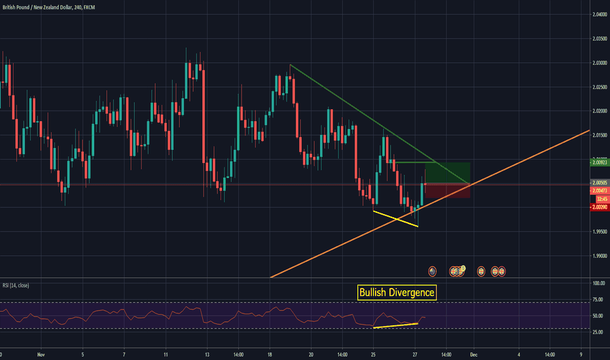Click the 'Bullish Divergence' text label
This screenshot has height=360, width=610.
point(397,293)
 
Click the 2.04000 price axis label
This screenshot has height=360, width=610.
point(598,14)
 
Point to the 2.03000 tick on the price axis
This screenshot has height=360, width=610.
point(598,63)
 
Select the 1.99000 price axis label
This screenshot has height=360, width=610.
point(598,256)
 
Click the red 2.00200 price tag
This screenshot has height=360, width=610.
point(598,207)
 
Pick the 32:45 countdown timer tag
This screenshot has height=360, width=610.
point(598,198)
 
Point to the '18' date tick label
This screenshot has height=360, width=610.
point(269,354)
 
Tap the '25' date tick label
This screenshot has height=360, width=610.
point(372,354)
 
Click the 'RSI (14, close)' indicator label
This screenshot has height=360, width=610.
point(16,285)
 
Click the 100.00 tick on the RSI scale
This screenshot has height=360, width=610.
point(598,283)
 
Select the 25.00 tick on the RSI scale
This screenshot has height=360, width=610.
point(598,332)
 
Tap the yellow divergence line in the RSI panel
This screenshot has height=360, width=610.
point(395,325)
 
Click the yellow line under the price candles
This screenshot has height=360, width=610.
point(395,219)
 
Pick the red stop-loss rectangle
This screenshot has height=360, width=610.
point(447,191)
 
